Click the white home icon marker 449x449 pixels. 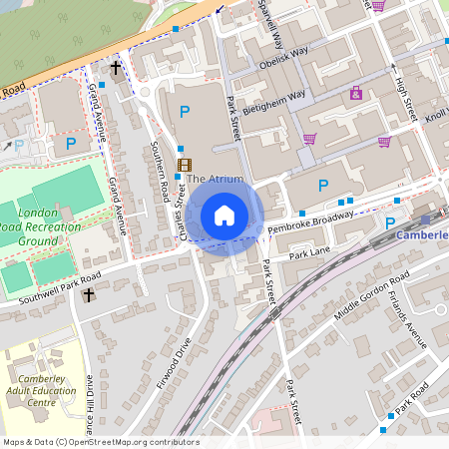click(x=224, y=215)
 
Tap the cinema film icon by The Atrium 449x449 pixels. click(x=183, y=165)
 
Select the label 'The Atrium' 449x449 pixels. click(x=215, y=179)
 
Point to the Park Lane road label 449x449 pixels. click(x=309, y=255)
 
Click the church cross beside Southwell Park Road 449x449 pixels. click(x=89, y=295)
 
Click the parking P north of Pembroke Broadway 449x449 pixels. click(x=322, y=186)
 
